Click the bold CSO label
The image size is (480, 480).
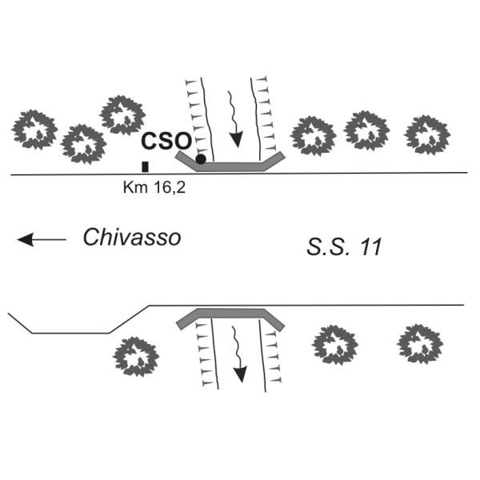(166, 141)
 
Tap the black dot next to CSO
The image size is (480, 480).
(201, 159)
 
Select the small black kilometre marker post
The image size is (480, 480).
(145, 167)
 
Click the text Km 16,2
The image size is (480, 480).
(154, 187)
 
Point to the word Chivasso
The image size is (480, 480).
(132, 238)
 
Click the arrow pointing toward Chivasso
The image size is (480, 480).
(42, 239)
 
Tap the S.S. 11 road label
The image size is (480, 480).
(344, 246)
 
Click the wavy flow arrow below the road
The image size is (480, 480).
(239, 354)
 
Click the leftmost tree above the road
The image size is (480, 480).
(34, 130)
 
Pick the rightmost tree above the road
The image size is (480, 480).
(427, 134)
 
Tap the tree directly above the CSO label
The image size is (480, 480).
(122, 115)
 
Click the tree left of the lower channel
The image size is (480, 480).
(136, 357)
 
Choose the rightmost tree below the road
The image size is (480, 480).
(420, 344)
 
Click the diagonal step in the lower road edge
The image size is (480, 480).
(129, 319)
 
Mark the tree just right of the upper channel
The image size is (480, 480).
(313, 136)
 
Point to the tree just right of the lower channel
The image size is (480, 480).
(335, 345)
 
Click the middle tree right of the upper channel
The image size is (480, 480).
(366, 130)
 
